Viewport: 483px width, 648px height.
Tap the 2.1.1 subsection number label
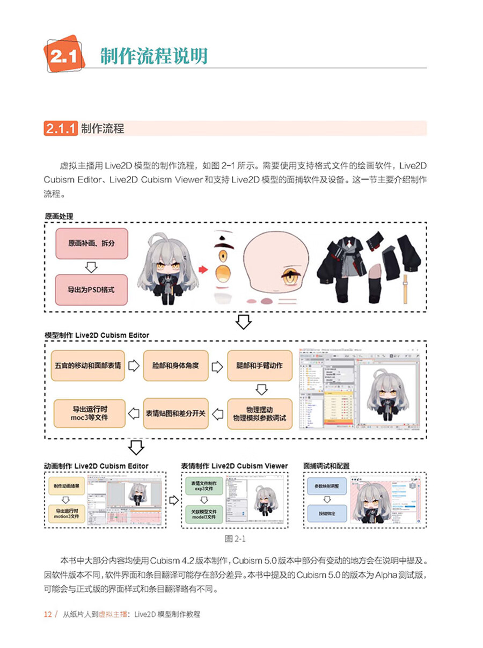tap(61, 129)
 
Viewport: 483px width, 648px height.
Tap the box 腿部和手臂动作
tap(259, 366)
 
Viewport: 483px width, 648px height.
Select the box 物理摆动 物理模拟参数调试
tap(259, 413)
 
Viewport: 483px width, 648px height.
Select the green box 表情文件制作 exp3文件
tap(203, 486)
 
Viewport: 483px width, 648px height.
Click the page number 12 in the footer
tap(47, 614)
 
